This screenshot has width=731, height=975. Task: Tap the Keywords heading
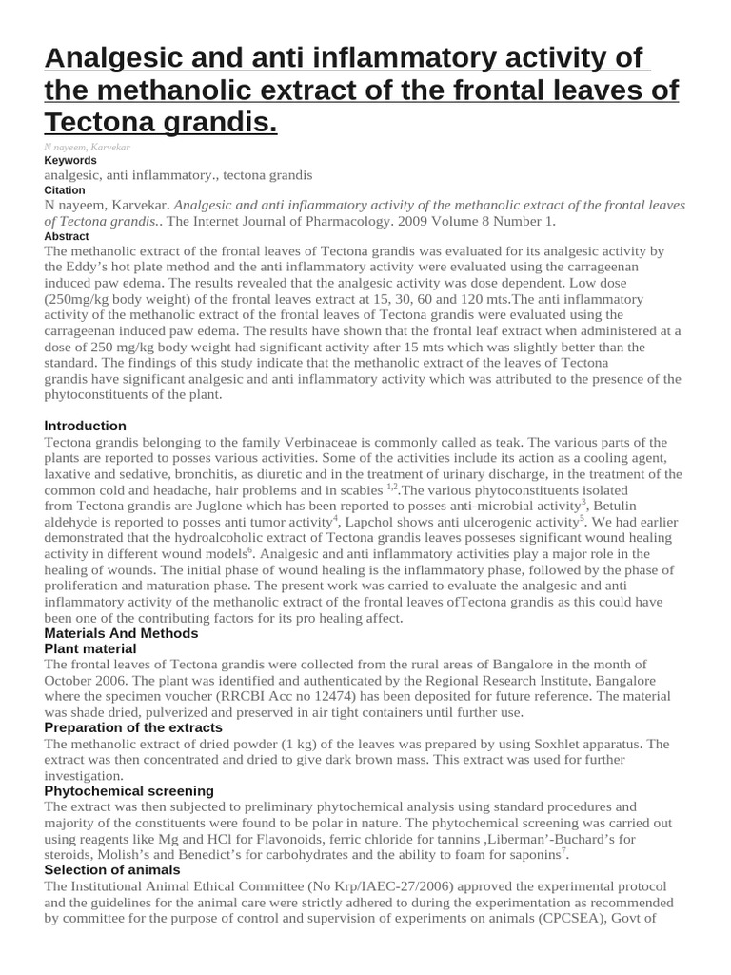[x=70, y=161]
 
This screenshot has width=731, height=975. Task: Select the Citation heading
[x=66, y=190]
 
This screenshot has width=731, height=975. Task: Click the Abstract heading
[x=67, y=236]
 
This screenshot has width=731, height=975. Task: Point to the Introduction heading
[x=85, y=426]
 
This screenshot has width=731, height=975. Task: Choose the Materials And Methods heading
[x=121, y=633]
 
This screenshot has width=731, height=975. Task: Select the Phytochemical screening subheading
[x=128, y=791]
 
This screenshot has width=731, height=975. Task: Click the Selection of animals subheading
[x=112, y=870]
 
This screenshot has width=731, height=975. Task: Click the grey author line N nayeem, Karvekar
[x=87, y=148]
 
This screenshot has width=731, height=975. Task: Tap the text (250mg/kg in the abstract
[x=84, y=298]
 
